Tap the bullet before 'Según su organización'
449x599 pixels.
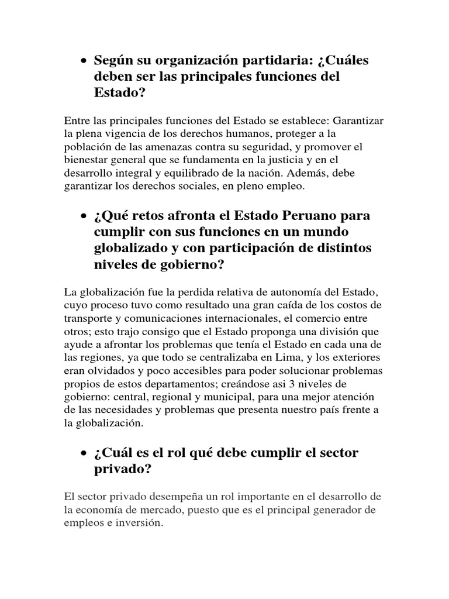(84, 61)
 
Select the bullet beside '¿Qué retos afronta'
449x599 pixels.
(84, 216)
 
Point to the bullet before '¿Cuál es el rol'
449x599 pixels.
(84, 453)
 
